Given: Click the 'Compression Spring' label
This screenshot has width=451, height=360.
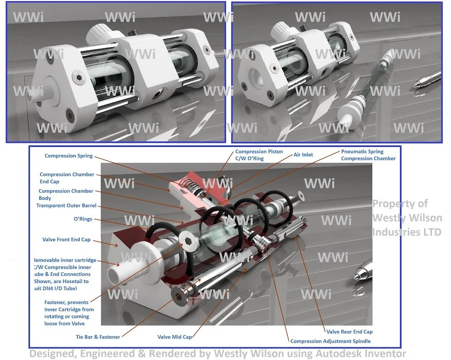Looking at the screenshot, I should click(x=69, y=156).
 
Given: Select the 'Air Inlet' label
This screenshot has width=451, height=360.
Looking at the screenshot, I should click(x=303, y=155).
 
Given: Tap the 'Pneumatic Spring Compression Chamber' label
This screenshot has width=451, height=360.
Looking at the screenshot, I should click(x=368, y=155).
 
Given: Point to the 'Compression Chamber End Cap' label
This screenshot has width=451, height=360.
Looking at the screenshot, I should click(x=67, y=178).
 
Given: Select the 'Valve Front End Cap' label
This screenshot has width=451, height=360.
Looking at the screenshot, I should click(x=66, y=240).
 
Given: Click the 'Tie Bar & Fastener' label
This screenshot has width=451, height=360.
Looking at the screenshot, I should click(x=98, y=337).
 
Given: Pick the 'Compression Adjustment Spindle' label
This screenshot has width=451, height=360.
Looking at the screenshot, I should click(x=330, y=341).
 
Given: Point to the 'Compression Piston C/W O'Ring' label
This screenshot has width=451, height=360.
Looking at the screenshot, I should click(x=259, y=155).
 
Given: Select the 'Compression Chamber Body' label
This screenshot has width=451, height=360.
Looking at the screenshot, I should click(x=66, y=194).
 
